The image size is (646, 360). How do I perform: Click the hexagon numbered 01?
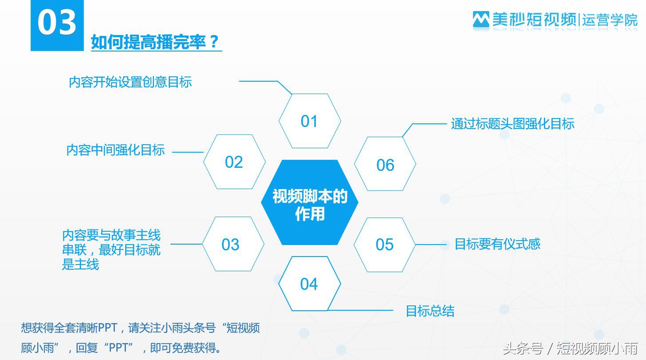pos(309,121)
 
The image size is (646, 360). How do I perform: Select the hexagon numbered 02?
pos(234,162)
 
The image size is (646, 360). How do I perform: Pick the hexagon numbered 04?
pos(309,284)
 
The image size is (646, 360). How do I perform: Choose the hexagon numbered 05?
pos(385,245)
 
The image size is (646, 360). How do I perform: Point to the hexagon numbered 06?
pos(385,164)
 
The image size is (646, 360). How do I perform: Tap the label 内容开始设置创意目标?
pos(130,82)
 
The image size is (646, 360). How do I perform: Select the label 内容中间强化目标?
pos(115,150)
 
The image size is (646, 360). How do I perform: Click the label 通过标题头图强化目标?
pos(512,123)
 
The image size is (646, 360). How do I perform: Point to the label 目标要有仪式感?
pos(497,244)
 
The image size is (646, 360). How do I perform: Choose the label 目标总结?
pos(430,311)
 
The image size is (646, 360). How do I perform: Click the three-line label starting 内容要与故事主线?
pos(111,249)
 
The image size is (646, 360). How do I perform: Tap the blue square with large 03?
pos(57,25)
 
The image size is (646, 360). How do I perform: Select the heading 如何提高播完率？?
pos(156,42)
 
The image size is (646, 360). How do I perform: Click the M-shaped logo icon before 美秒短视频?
pos(481,20)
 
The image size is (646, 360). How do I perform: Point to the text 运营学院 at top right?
pos(610,20)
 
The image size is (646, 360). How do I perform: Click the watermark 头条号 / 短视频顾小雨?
pos(570,348)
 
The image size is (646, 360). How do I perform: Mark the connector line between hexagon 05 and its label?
pos(430,245)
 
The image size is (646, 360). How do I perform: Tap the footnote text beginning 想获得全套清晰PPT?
pos(140,337)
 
